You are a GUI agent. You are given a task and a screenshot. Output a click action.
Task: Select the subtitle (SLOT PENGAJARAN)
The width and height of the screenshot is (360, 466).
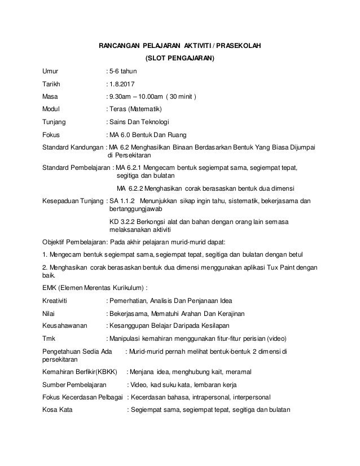180,59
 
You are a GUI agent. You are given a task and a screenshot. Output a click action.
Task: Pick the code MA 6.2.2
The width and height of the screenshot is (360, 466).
128,188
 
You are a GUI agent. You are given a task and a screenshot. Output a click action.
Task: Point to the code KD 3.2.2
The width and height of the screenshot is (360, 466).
123,221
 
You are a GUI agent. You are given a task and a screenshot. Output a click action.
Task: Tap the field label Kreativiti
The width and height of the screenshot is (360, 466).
58,299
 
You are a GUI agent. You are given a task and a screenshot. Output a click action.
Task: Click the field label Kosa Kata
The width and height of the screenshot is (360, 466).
59,410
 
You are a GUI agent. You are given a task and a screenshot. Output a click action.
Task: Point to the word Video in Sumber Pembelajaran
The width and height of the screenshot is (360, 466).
138,385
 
